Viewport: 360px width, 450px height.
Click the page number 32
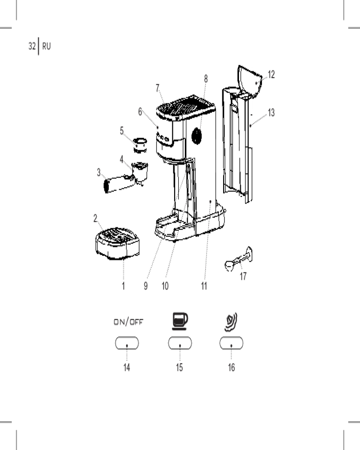(x=32, y=46)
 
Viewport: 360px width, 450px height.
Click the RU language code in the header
(x=46, y=46)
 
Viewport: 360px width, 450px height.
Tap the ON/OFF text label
(x=128, y=322)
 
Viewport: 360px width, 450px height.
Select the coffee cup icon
(x=180, y=321)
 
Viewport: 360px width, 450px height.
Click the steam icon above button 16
(x=231, y=322)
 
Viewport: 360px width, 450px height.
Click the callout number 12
(x=271, y=75)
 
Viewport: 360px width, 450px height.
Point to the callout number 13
(x=271, y=112)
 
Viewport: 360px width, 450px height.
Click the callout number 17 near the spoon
(x=243, y=276)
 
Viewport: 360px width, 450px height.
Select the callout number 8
(x=206, y=79)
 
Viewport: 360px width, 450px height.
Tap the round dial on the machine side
(x=196, y=136)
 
